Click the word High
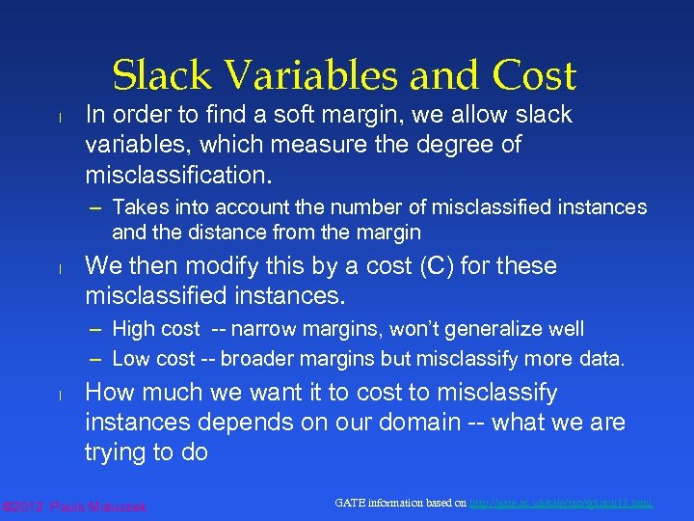[133, 329]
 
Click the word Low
[131, 359]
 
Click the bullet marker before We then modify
[59, 268]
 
